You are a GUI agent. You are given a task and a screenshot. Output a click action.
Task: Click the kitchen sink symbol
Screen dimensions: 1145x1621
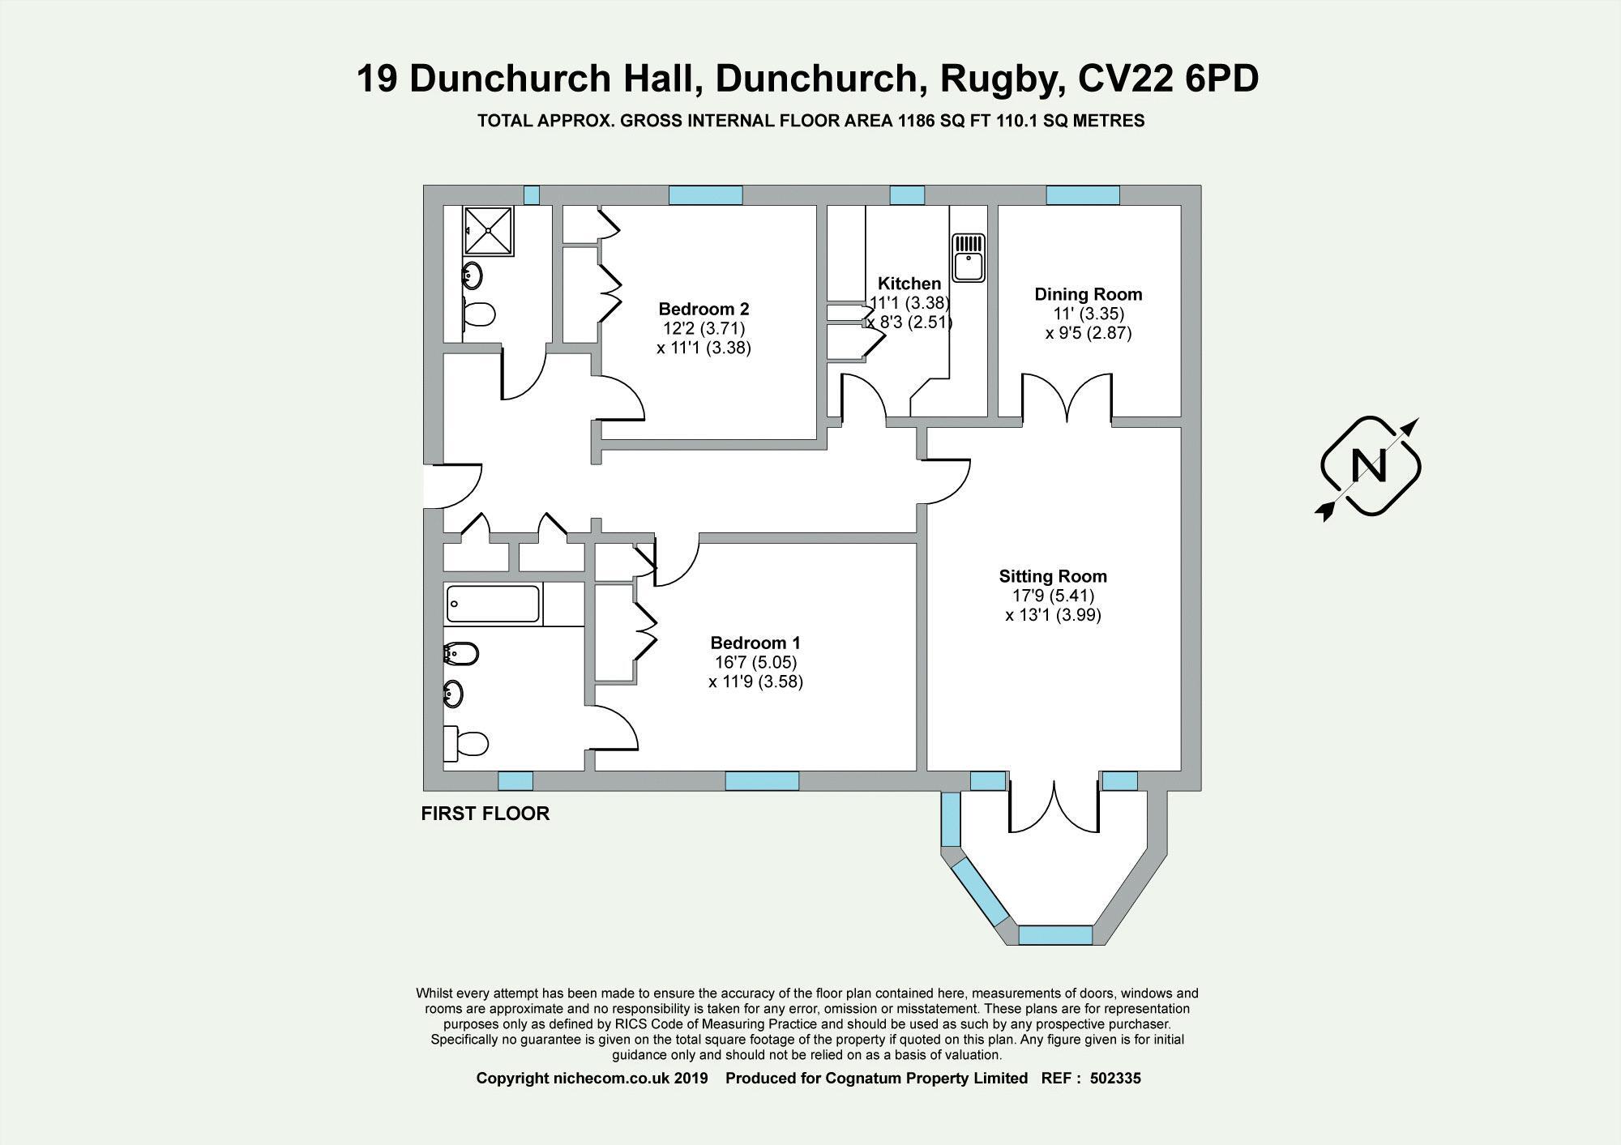[x=969, y=258]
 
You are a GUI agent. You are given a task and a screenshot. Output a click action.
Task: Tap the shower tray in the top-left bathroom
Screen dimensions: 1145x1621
[x=488, y=230]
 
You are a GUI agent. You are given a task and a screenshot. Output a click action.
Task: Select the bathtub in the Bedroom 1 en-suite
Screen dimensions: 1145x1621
[x=493, y=605]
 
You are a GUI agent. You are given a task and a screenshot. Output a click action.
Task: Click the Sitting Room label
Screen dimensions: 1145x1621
[x=1052, y=576]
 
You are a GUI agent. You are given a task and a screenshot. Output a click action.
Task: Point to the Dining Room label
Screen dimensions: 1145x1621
[x=1088, y=294]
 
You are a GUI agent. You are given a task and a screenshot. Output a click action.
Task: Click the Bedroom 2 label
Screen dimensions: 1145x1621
[x=704, y=309]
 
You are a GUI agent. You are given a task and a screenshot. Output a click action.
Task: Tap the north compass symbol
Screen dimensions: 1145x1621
[x=1371, y=467]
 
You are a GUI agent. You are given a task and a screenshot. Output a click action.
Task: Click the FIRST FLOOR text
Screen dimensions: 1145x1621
[x=485, y=814]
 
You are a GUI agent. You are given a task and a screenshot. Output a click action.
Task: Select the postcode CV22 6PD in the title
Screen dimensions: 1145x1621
[x=1168, y=79]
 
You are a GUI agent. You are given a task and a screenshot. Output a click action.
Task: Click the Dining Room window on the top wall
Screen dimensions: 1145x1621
[x=1082, y=195]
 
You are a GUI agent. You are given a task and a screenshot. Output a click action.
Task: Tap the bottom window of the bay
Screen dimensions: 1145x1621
[x=1055, y=935]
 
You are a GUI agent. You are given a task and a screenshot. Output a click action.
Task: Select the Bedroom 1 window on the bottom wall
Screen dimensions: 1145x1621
[x=761, y=781]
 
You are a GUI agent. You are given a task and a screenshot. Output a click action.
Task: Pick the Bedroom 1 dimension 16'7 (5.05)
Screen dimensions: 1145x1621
[x=755, y=662]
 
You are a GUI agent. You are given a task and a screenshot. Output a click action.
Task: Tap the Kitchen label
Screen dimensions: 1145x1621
[x=909, y=284]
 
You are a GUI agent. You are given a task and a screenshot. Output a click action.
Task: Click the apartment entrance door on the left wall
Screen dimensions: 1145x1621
[x=442, y=486]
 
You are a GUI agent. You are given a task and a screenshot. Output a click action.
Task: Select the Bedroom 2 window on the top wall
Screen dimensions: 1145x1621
[x=705, y=195]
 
